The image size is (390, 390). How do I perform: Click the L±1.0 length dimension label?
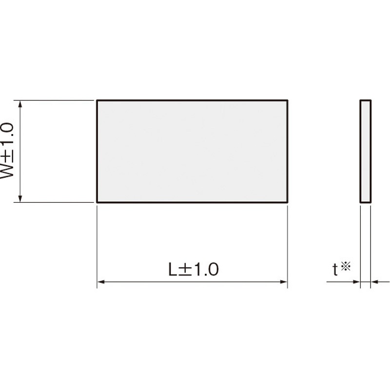(194, 269)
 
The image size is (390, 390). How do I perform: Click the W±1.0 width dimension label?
(7, 151)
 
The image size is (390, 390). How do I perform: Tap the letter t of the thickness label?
(335, 270)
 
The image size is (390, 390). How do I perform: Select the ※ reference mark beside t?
(346, 266)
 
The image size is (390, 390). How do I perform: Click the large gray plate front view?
(192, 151)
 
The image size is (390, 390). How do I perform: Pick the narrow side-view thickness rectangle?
(365, 151)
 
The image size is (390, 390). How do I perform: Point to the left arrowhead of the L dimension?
(100, 282)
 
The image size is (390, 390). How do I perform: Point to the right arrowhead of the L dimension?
(284, 282)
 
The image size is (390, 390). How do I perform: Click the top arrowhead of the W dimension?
(20, 104)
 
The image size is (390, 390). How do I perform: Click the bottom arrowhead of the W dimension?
(20, 199)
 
